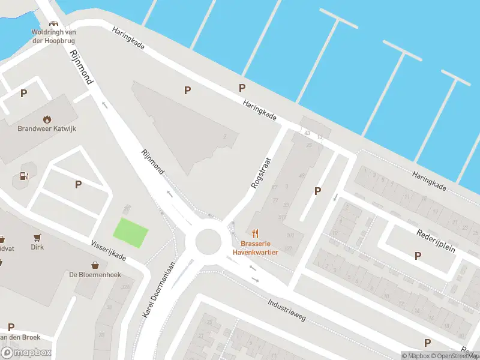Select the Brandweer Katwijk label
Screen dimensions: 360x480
tap(47, 128)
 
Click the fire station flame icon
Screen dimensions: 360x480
tap(47, 119)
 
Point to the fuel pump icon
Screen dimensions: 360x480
tap(25, 176)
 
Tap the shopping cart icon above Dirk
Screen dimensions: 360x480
tap(37, 238)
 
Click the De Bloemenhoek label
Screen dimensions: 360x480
tap(95, 274)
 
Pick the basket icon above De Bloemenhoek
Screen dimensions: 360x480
tap(95, 265)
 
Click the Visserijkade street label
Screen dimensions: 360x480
tap(108, 250)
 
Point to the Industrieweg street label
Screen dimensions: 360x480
tap(288, 310)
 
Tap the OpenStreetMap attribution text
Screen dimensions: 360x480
tap(455, 356)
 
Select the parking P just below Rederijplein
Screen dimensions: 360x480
tap(418, 256)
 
